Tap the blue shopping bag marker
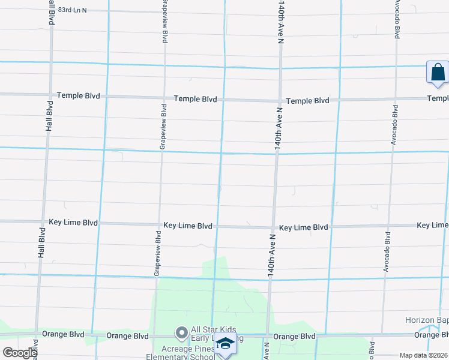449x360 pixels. tap(438, 73)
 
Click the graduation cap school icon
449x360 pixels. tap(226, 344)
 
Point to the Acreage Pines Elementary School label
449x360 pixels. tap(188, 353)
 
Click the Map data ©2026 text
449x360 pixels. tap(423, 355)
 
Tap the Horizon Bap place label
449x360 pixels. tap(427, 320)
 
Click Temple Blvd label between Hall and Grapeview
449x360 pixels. tap(78, 96)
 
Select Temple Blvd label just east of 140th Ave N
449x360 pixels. tap(307, 101)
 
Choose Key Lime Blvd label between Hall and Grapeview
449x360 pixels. tap(73, 222)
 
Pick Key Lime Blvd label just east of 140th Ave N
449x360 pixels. tap(304, 228)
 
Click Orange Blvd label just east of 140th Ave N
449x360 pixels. tap(295, 337)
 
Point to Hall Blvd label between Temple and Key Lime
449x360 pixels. tap(50, 116)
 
